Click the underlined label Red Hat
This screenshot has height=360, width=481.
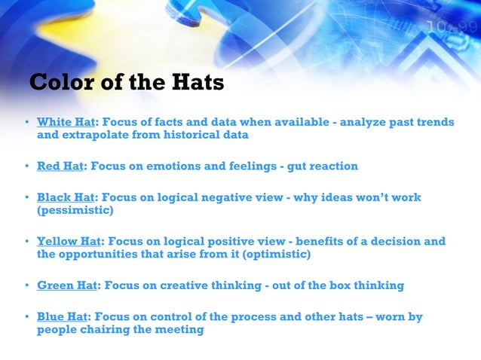[60, 166]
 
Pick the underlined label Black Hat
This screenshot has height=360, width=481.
[65, 197]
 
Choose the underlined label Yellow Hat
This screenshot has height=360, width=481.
[69, 242]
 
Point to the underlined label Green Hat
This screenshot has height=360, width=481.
[67, 285]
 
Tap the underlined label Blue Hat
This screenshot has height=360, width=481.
[63, 316]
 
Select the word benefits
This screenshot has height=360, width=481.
[320, 242]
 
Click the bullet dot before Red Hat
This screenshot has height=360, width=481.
[26, 166]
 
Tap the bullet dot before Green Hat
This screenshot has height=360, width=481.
[26, 285]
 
